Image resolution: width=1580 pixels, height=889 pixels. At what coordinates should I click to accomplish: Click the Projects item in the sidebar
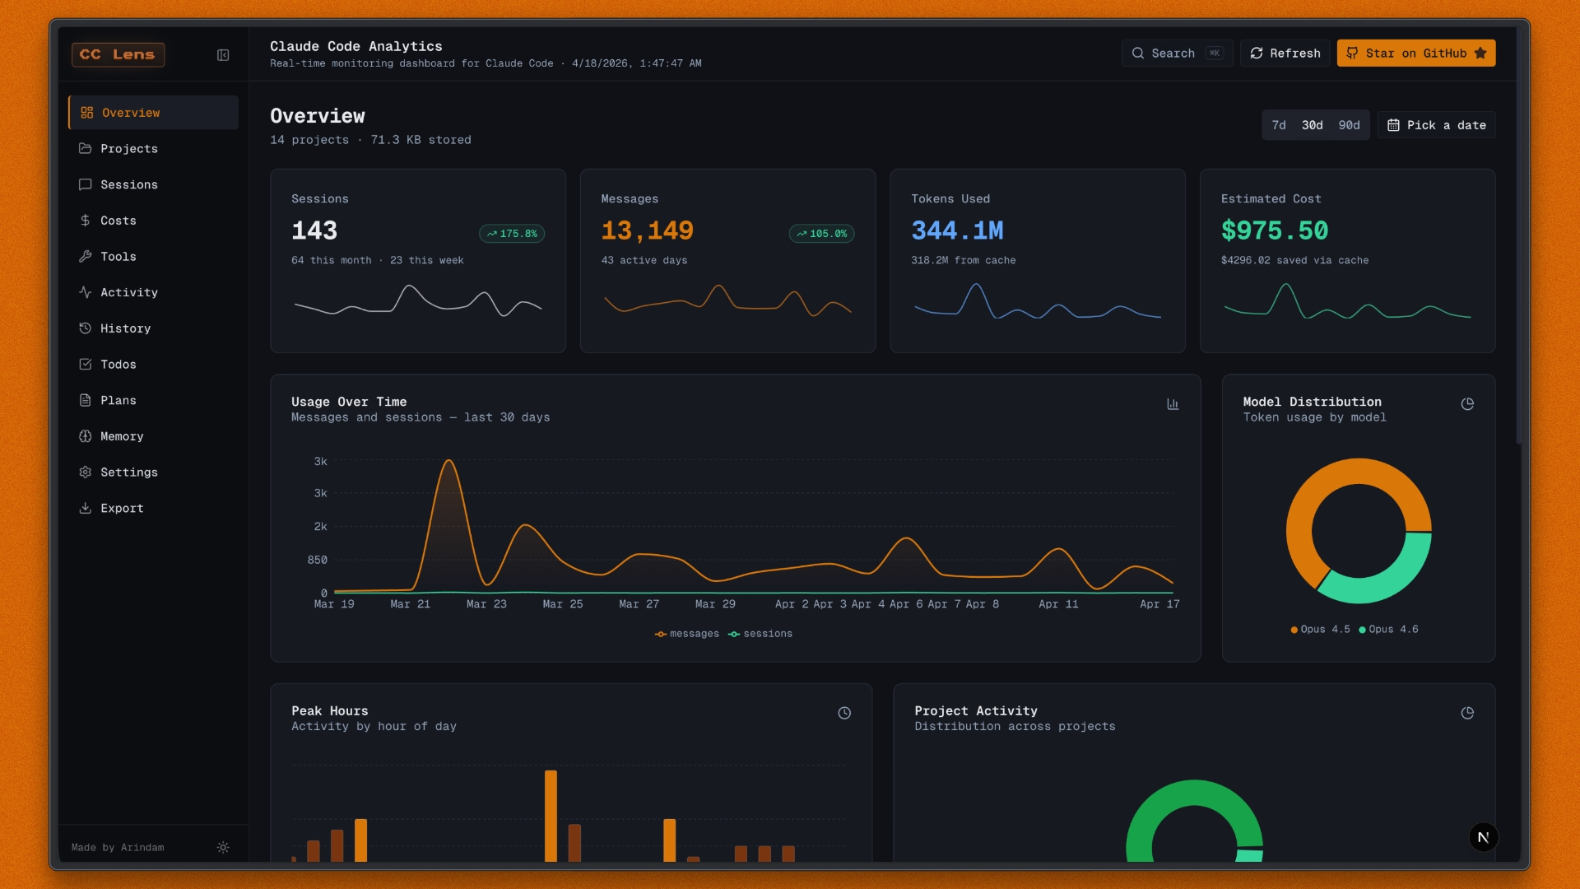click(128, 148)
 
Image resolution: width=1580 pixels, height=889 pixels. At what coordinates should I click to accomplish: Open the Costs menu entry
click(118, 221)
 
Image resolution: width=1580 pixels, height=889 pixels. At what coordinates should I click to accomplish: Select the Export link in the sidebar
click(121, 508)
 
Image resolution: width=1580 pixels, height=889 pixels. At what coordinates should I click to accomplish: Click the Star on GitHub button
click(1415, 54)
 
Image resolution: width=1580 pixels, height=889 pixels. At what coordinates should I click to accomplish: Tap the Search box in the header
click(1176, 54)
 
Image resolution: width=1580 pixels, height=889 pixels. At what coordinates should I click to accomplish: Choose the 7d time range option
click(1278, 125)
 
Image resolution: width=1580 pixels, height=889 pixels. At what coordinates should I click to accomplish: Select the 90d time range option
click(1349, 125)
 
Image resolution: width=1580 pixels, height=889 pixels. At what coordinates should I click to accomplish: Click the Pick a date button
click(1436, 125)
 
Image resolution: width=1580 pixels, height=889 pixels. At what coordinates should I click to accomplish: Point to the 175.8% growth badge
click(512, 234)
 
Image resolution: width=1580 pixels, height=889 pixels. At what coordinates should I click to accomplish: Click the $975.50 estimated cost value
click(1274, 230)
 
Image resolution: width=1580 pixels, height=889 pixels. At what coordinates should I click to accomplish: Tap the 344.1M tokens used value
click(957, 230)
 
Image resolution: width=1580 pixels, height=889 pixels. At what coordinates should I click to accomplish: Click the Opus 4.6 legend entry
click(1388, 629)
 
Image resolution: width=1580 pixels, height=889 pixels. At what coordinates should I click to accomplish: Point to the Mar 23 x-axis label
click(486, 604)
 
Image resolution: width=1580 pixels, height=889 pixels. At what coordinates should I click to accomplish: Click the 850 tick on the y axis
click(317, 560)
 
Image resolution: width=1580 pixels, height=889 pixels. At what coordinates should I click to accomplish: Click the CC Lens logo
click(118, 54)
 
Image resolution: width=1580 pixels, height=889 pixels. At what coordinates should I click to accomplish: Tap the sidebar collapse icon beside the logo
click(223, 55)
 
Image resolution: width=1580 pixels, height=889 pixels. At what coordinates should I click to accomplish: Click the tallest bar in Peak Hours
click(551, 815)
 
